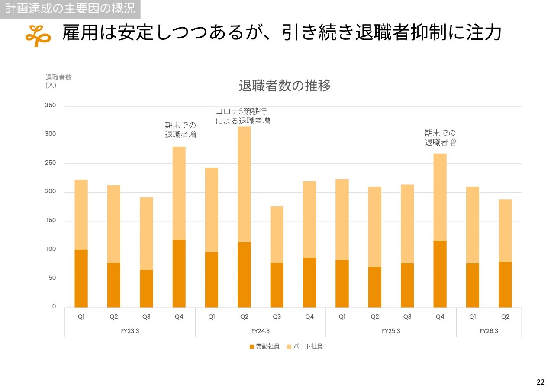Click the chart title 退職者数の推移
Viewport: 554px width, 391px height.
tap(285, 86)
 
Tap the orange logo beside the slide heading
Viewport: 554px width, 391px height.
tap(38, 35)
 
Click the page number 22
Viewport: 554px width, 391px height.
tap(541, 382)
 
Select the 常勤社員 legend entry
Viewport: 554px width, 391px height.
tap(264, 346)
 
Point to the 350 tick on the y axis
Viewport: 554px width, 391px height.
tap(51, 106)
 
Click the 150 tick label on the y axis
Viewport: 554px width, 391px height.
tap(51, 221)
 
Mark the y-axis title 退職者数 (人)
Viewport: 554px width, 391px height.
tap(58, 81)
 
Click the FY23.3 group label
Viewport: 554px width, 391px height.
tap(130, 331)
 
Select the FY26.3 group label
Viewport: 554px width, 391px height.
tap(489, 331)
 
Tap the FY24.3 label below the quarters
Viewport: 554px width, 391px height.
tap(261, 331)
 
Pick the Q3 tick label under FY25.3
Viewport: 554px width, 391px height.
tap(407, 317)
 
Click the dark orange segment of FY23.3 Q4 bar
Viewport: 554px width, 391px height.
tap(179, 273)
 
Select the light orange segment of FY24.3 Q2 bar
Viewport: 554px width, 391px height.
tap(244, 184)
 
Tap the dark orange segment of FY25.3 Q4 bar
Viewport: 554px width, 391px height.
tap(440, 274)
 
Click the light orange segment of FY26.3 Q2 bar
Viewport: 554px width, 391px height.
tap(505, 230)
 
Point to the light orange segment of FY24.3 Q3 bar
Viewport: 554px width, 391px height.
tap(277, 234)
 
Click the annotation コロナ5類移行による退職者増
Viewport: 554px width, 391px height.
tap(242, 116)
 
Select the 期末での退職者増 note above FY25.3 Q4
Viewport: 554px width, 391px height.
tap(440, 138)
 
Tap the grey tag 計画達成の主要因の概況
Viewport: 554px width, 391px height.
tap(70, 8)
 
